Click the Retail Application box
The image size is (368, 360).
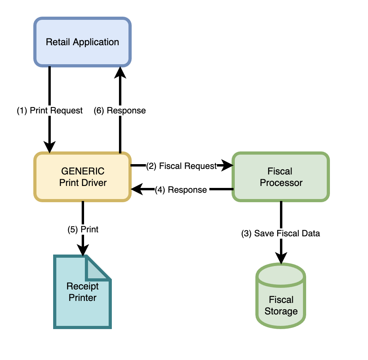(82, 42)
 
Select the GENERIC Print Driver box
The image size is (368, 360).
(82, 177)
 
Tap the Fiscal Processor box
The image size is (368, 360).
(281, 177)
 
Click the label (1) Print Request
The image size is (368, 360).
(50, 111)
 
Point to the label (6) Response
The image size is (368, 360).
(120, 111)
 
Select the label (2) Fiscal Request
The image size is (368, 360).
(182, 166)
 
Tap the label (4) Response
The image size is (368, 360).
(182, 190)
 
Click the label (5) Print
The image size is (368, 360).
(83, 229)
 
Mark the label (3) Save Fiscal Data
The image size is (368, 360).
(281, 234)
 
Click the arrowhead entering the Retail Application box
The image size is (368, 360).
(120, 72)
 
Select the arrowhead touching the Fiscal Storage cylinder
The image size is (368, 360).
(281, 258)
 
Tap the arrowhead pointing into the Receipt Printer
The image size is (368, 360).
(83, 250)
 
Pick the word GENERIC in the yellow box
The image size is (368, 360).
(82, 171)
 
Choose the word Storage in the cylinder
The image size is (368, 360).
(281, 311)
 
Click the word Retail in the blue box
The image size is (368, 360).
(57, 42)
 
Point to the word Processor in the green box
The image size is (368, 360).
(281, 183)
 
